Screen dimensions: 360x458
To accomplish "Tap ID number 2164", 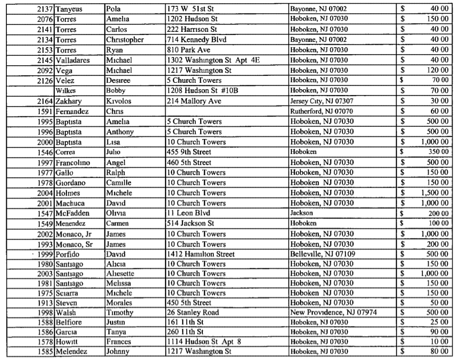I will [x=44, y=101].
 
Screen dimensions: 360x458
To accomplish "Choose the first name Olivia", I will [x=116, y=212].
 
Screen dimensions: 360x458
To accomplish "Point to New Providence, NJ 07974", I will [x=333, y=313].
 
